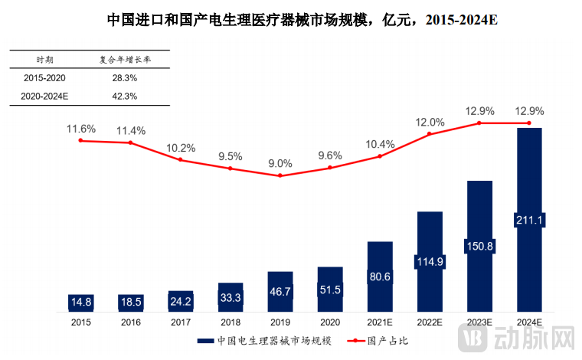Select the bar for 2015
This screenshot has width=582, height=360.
[80, 302]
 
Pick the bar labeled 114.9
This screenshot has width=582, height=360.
[430, 261]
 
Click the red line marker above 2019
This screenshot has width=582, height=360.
[280, 175]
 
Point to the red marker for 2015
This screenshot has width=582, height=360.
[80, 140]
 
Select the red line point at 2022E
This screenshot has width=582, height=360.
[430, 134]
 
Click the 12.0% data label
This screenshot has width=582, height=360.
[430, 122]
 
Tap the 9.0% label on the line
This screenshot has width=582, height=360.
[280, 163]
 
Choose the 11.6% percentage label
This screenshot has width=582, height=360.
[80, 129]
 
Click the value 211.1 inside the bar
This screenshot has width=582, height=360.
[529, 221]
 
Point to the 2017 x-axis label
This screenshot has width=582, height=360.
[181, 323]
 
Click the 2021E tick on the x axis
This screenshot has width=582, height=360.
[380, 323]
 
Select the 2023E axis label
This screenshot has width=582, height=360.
[479, 323]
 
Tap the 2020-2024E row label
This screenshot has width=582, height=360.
[46, 97]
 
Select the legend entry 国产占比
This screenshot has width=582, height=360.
[383, 341]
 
